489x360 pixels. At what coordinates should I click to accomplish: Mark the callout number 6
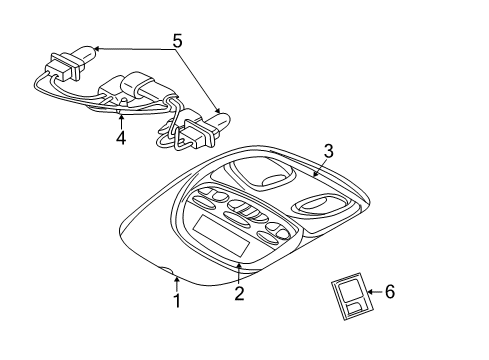point(390,293)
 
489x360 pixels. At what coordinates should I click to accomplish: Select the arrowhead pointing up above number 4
point(121,113)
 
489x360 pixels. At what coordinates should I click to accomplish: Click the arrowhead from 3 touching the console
point(313,177)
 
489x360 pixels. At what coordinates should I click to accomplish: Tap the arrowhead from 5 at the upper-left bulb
point(92,47)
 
